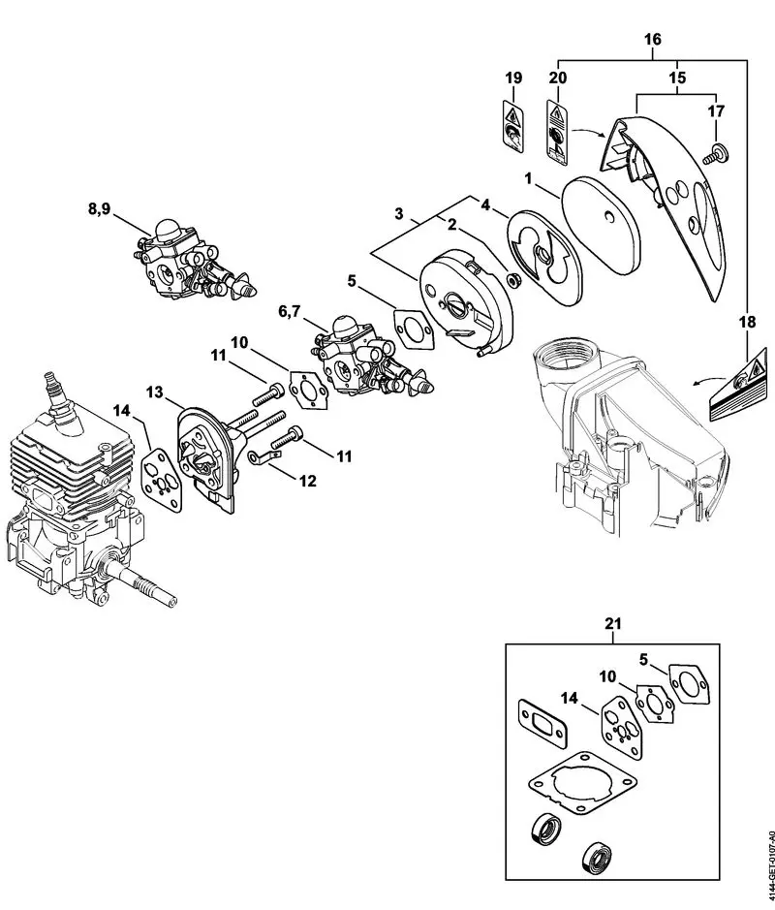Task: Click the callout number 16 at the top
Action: [x=652, y=40]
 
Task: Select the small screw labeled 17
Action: [x=717, y=151]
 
